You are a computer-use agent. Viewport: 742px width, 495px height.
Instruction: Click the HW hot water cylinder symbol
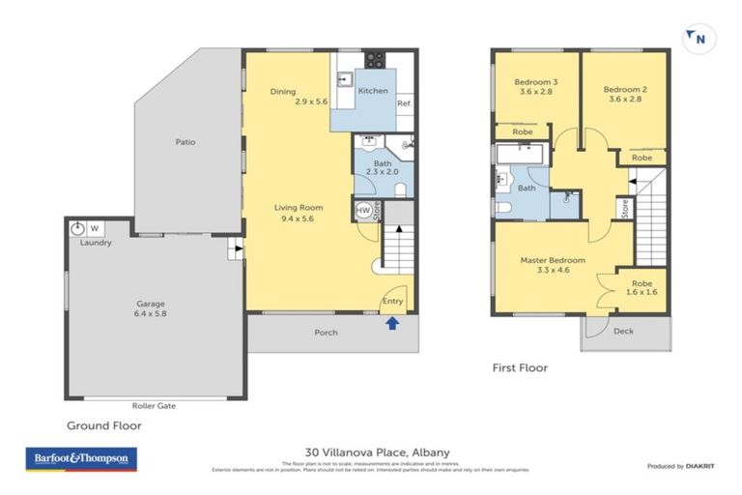pos(364,210)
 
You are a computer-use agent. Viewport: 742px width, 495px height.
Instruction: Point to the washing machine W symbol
pos(95,229)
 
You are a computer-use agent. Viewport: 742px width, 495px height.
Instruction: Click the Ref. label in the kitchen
pos(405,103)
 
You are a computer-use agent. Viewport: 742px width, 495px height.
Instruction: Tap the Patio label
pos(185,142)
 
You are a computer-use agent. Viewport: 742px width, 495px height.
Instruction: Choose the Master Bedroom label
pos(552,265)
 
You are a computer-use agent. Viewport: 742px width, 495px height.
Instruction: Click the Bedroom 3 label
pos(534,88)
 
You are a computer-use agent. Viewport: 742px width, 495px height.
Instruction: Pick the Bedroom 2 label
pos(627,94)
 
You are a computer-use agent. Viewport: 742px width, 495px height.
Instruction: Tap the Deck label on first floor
pos(623,331)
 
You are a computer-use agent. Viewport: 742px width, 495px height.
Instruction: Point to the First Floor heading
pos(520,367)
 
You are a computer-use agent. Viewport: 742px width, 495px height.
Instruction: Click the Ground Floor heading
pos(103,424)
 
